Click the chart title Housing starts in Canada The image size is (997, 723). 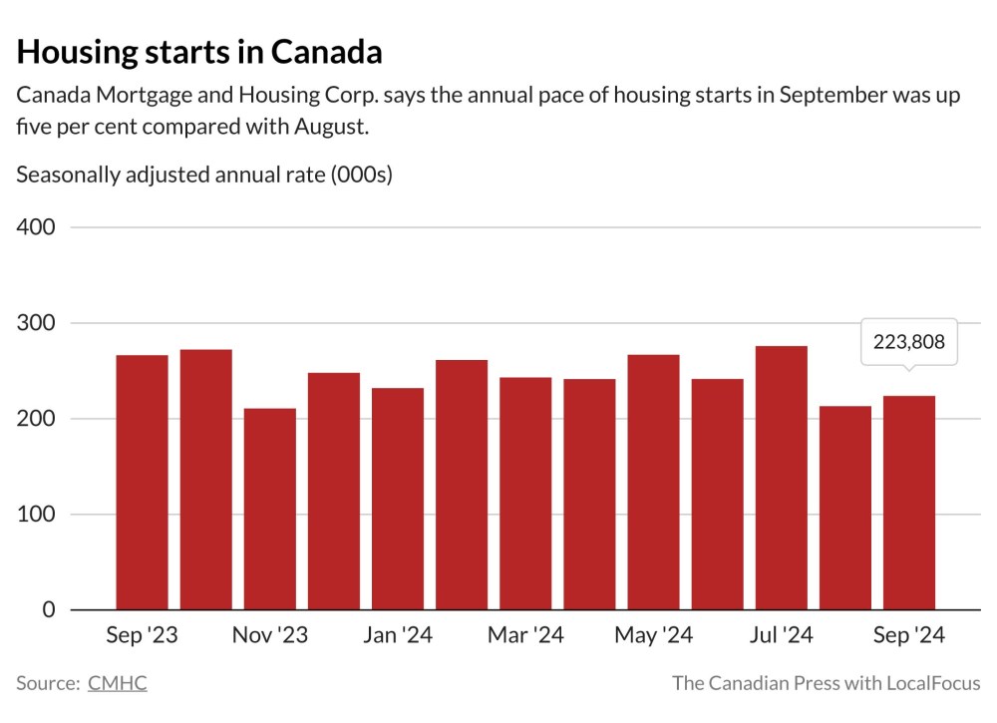coord(199,52)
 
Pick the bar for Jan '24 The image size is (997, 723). coord(397,499)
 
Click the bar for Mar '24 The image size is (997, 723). coord(525,493)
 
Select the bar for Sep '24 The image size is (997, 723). coord(908,503)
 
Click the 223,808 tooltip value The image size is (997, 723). coord(908,342)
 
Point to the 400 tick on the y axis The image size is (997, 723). coord(36,227)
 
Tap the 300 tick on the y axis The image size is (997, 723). coord(36,323)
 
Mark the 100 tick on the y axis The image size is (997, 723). coord(36,515)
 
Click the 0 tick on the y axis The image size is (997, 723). coord(49,610)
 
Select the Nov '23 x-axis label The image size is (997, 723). coord(269,636)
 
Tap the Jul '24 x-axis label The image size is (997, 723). coord(781,636)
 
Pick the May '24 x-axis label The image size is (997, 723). coord(653,636)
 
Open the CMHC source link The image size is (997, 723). coord(117,683)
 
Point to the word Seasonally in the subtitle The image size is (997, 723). coord(66,176)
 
